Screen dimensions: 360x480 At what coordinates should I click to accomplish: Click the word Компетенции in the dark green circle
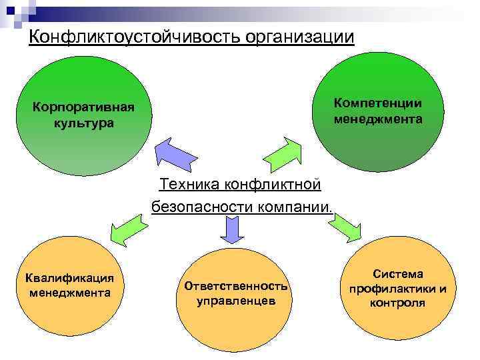click(378, 103)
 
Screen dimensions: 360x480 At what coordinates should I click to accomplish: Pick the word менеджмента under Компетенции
click(378, 119)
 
